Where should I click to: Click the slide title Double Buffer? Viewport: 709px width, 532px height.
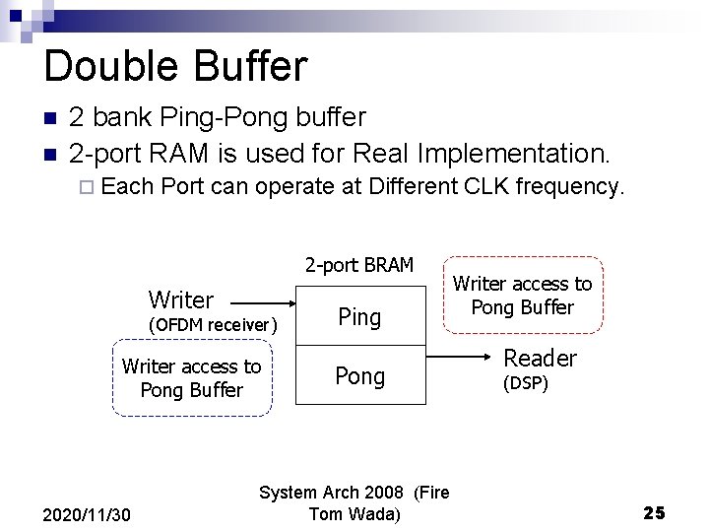175,67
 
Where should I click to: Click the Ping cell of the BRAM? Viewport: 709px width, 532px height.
359,316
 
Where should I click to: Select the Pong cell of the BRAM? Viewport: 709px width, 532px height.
359,376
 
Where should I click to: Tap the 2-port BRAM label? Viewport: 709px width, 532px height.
358,264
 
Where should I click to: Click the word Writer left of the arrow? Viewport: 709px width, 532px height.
180,299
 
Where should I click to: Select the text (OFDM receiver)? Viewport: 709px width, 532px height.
212,325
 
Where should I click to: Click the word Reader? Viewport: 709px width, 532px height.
540,358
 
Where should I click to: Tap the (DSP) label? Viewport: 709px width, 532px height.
525,383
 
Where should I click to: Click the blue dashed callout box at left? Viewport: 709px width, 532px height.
191,378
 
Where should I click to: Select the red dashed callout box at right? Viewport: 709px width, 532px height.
522,296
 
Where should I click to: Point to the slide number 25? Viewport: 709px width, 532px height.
654,512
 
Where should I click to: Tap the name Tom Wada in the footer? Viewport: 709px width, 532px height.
354,513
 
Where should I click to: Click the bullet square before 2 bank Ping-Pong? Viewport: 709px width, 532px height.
50,118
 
